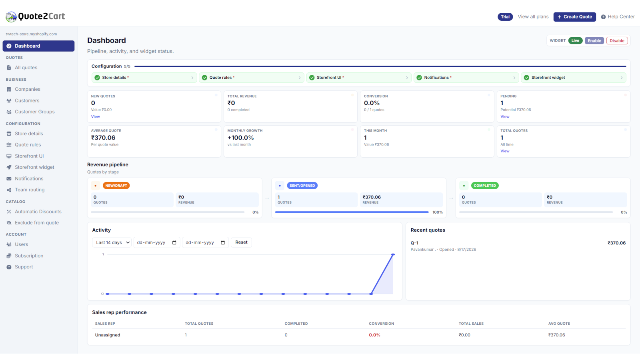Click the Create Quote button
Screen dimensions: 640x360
tap(574, 17)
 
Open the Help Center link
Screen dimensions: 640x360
tap(618, 17)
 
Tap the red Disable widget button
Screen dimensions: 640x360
tap(617, 40)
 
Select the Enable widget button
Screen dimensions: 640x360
tap(594, 40)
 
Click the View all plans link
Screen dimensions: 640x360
tap(533, 16)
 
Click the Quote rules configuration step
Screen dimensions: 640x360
tap(252, 78)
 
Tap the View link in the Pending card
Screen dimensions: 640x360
tap(505, 116)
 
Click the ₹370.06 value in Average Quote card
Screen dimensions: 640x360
tap(103, 138)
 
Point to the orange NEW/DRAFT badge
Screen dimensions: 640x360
tap(116, 186)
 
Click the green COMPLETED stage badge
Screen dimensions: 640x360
tap(484, 186)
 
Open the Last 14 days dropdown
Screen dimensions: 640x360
tap(112, 242)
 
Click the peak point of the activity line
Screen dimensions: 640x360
tap(393, 254)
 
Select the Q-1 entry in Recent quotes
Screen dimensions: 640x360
tap(414, 243)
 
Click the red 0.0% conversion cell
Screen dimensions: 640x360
tap(374, 335)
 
